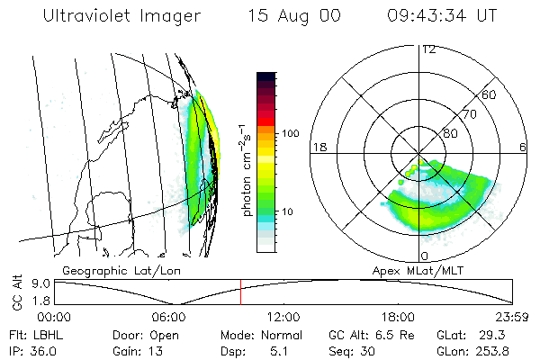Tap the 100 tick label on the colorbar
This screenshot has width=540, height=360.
coord(290,133)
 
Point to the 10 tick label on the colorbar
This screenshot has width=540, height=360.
coord(287,212)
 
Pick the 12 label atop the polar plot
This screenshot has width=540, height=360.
coord(428,49)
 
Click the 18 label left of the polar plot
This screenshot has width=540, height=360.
coord(318,146)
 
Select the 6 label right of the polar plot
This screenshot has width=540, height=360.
coord(524,146)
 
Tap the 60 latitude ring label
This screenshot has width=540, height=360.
coord(490,94)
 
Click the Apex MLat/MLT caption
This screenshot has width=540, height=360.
coord(430,270)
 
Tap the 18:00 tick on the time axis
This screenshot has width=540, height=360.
coord(398,317)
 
